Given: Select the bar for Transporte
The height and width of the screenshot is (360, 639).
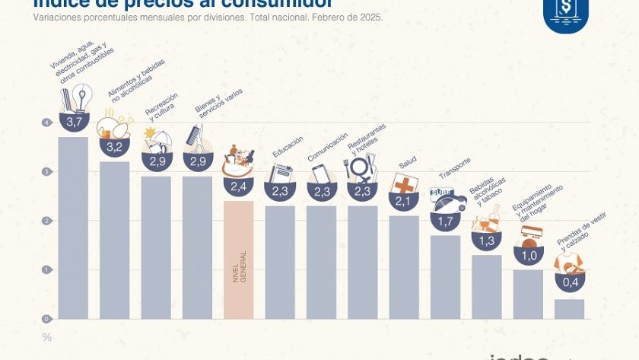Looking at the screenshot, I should pyautogui.click(x=445, y=278).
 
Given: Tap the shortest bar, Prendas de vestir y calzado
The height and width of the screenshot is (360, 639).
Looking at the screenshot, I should pyautogui.click(x=569, y=309).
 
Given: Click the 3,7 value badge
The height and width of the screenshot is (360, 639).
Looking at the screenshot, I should pyautogui.click(x=74, y=122).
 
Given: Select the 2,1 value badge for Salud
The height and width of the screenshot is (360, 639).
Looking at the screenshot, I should pyautogui.click(x=404, y=201).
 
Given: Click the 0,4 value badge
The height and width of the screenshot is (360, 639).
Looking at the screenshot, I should pyautogui.click(x=570, y=282).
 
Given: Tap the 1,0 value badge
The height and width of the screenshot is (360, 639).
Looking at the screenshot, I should pyautogui.click(x=528, y=255).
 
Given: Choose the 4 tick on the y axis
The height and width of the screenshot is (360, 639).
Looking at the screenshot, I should pyautogui.click(x=47, y=123).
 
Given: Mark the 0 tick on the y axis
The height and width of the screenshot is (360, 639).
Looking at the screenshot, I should pyautogui.click(x=47, y=319).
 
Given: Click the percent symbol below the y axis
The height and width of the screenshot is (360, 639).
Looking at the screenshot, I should pyautogui.click(x=47, y=337).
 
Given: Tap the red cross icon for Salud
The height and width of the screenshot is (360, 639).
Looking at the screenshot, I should pyautogui.click(x=402, y=184).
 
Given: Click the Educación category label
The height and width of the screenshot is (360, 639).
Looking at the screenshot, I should pyautogui.click(x=288, y=146).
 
